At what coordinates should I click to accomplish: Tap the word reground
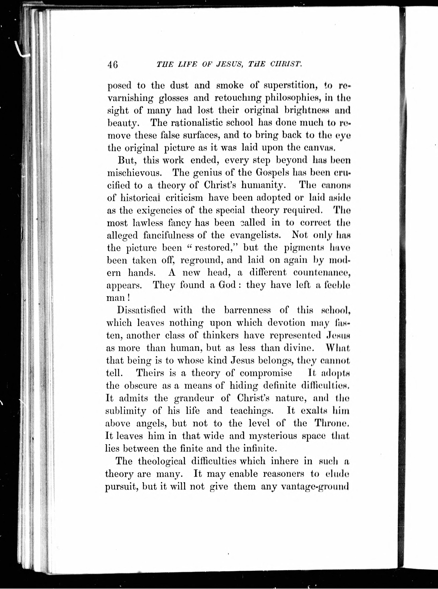(202, 260)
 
